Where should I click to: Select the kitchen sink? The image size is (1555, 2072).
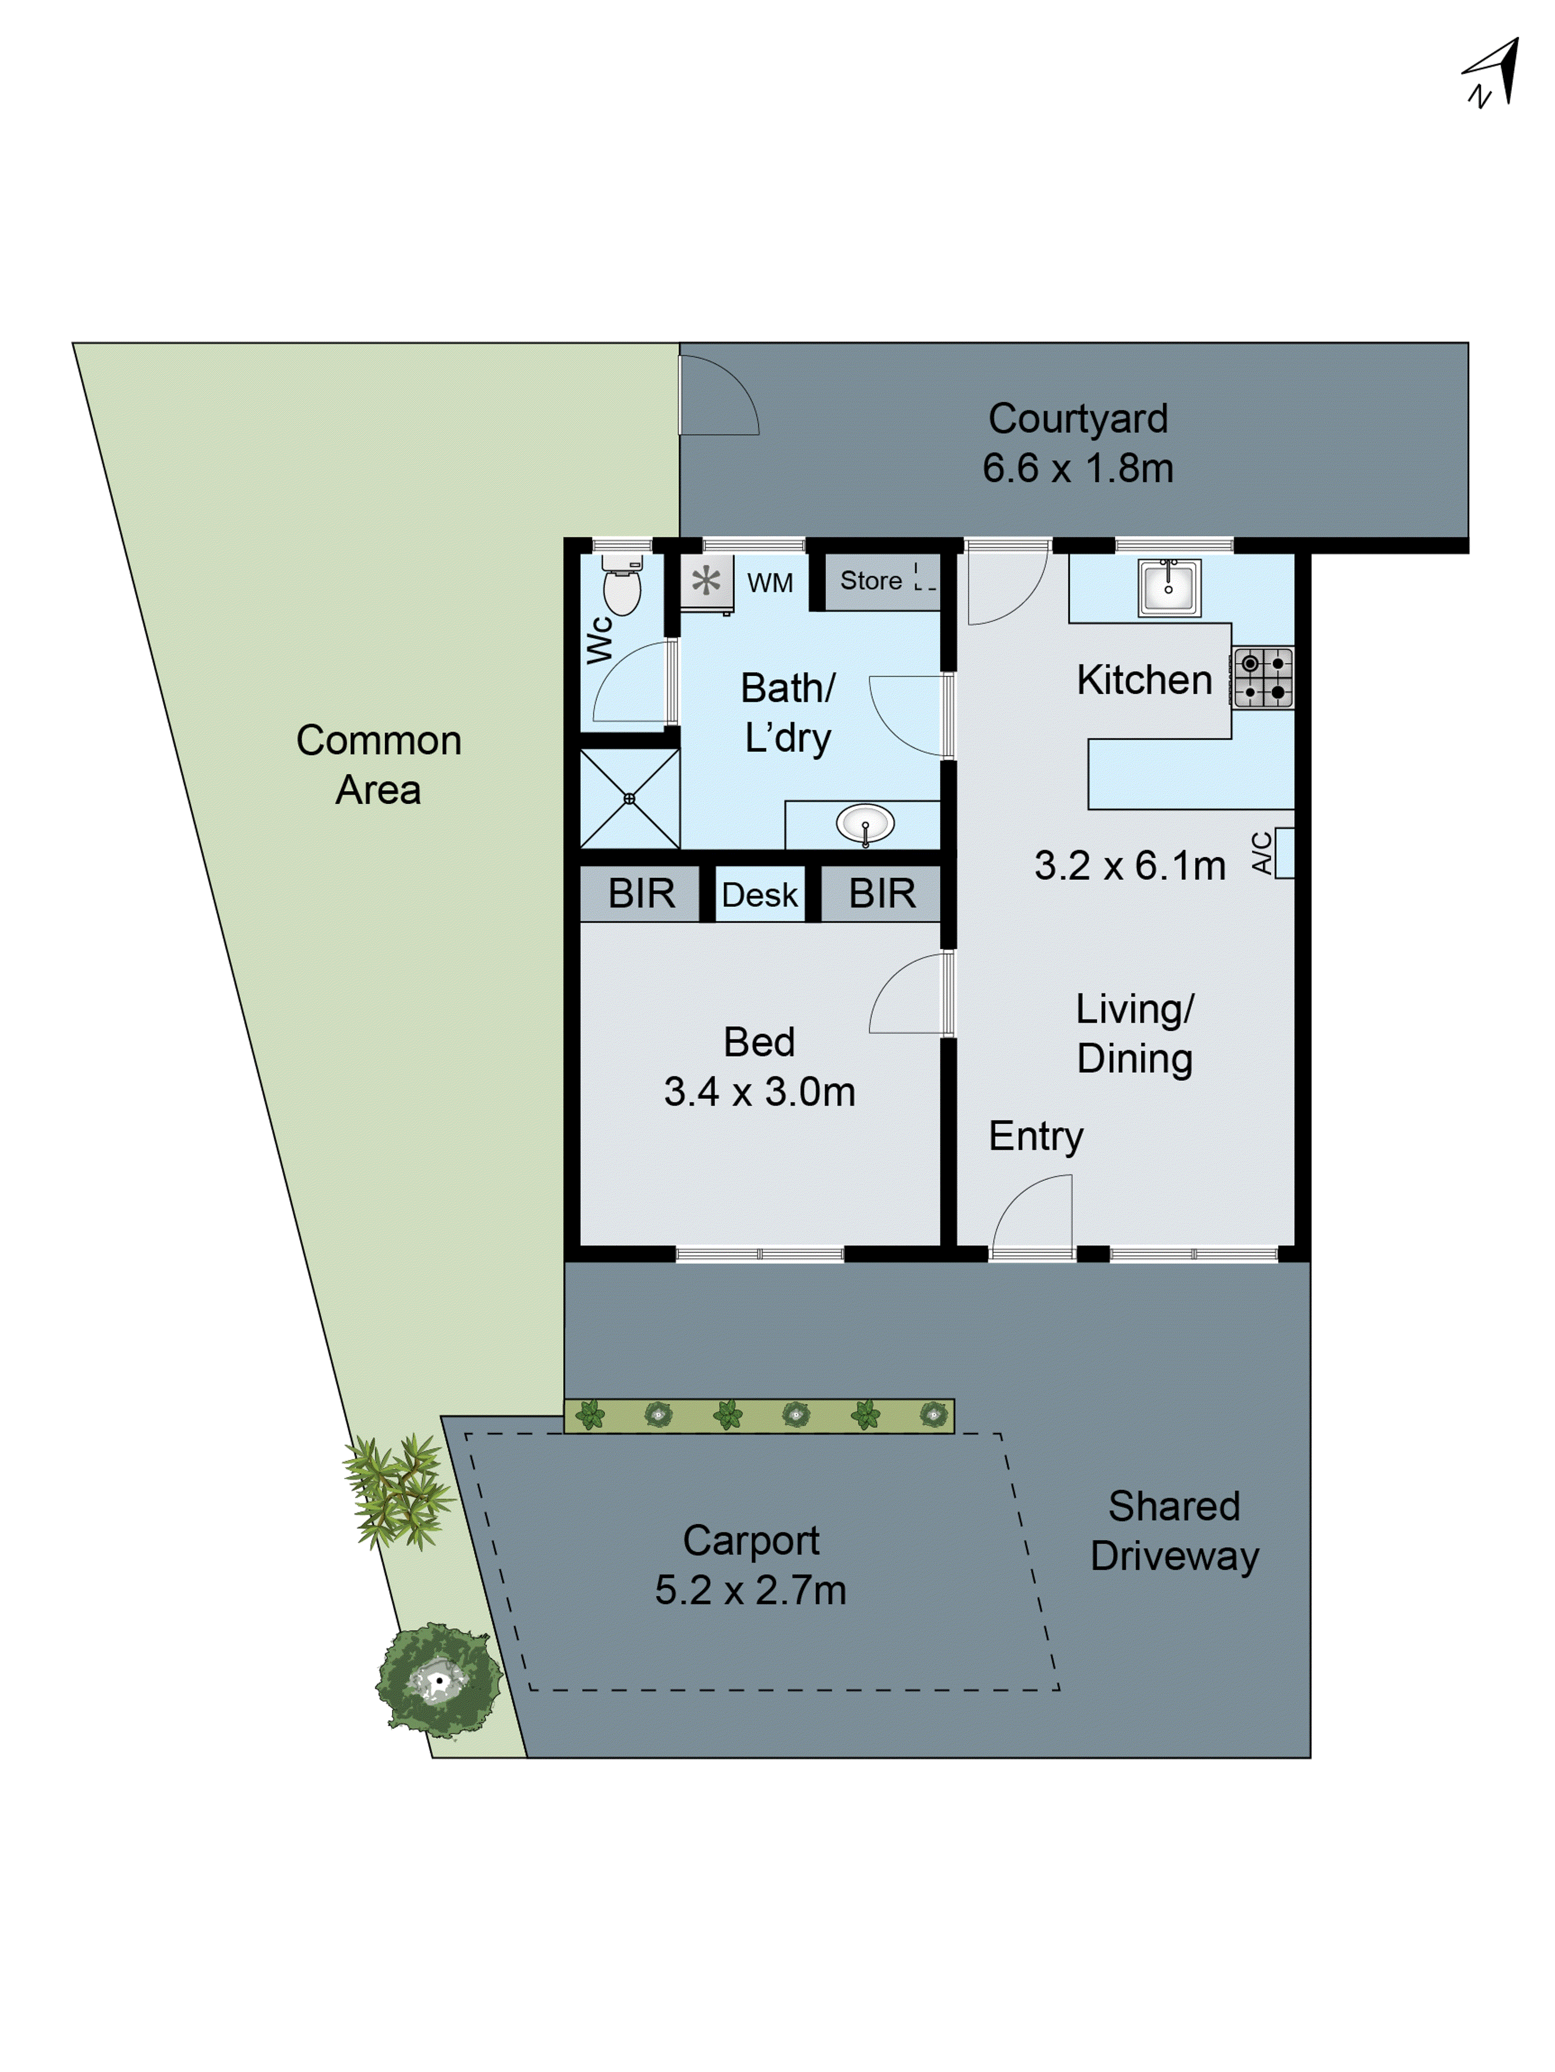(1168, 587)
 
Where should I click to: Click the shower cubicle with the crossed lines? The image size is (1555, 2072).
(629, 798)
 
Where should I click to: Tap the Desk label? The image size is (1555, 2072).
(760, 895)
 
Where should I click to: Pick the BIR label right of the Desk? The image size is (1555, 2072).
(882, 893)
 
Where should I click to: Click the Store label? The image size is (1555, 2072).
(870, 581)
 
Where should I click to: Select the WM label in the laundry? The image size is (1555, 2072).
(770, 583)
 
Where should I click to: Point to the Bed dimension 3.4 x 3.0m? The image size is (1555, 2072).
(760, 1092)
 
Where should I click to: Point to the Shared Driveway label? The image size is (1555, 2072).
(1174, 1530)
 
